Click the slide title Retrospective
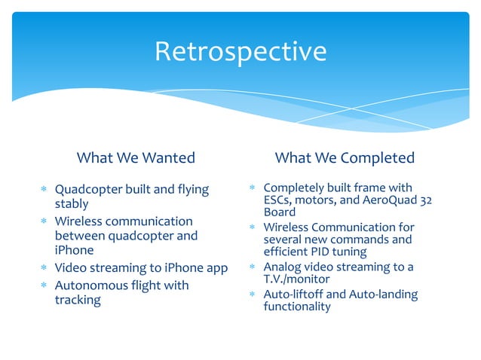[240, 52]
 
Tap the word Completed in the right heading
[377, 158]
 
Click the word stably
[72, 203]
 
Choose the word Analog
[282, 267]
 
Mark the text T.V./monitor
[297, 279]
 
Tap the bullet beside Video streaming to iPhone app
[44, 268]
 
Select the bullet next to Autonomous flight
[44, 286]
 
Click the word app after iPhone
[216, 267]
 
